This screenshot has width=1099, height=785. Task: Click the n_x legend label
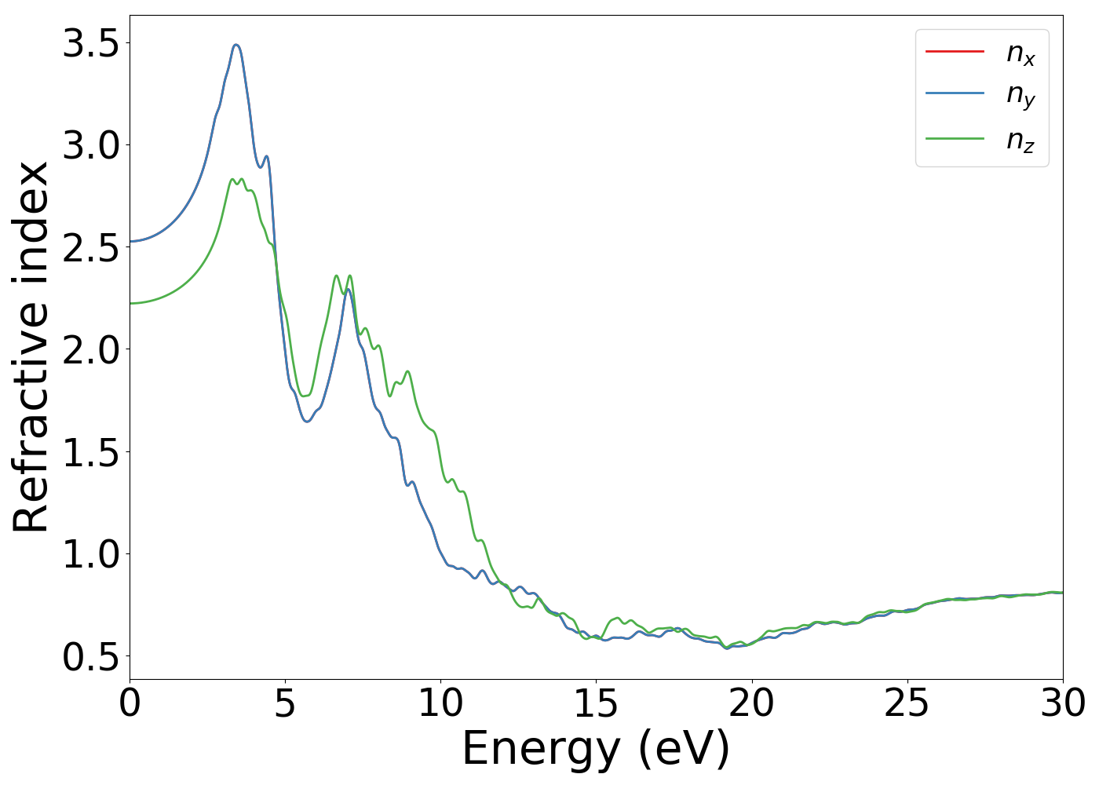point(1020,53)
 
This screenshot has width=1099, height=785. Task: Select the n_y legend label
point(1020,95)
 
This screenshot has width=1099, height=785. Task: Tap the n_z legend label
point(1020,141)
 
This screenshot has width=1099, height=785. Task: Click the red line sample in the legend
point(955,52)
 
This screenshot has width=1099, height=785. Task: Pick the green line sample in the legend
point(955,138)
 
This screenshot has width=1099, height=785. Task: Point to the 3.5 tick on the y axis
point(91,43)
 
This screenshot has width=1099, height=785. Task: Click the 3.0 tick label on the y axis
point(91,145)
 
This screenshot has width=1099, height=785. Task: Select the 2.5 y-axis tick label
point(91,247)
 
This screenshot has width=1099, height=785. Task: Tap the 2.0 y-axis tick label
point(91,349)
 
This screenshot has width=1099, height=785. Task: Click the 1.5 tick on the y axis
point(91,452)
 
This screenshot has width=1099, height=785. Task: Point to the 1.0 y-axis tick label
point(91,554)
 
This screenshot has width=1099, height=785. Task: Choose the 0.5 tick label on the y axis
point(91,656)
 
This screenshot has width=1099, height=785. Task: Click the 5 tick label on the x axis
point(285,703)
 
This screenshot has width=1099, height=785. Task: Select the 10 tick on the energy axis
point(440,703)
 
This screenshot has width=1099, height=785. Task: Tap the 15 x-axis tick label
point(596,703)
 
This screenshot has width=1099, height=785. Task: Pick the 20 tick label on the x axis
point(751,703)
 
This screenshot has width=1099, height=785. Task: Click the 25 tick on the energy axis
point(907,703)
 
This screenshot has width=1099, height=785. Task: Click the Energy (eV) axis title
point(596,749)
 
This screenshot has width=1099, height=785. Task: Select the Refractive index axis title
point(31,347)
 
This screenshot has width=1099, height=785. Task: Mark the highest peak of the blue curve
point(235,46)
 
